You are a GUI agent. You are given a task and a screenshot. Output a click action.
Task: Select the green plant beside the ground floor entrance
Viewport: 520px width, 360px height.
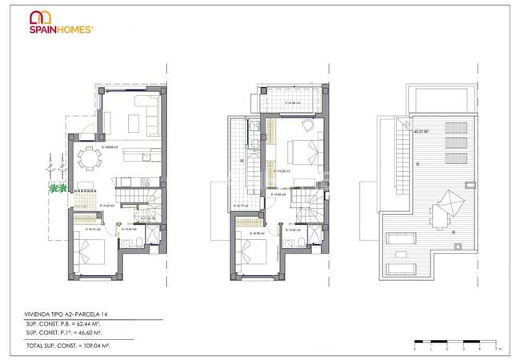point(58,189)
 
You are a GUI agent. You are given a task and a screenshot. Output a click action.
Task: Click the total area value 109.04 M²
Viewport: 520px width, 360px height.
point(116,345)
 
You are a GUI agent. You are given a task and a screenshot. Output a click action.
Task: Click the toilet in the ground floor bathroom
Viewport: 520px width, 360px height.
point(137,241)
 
